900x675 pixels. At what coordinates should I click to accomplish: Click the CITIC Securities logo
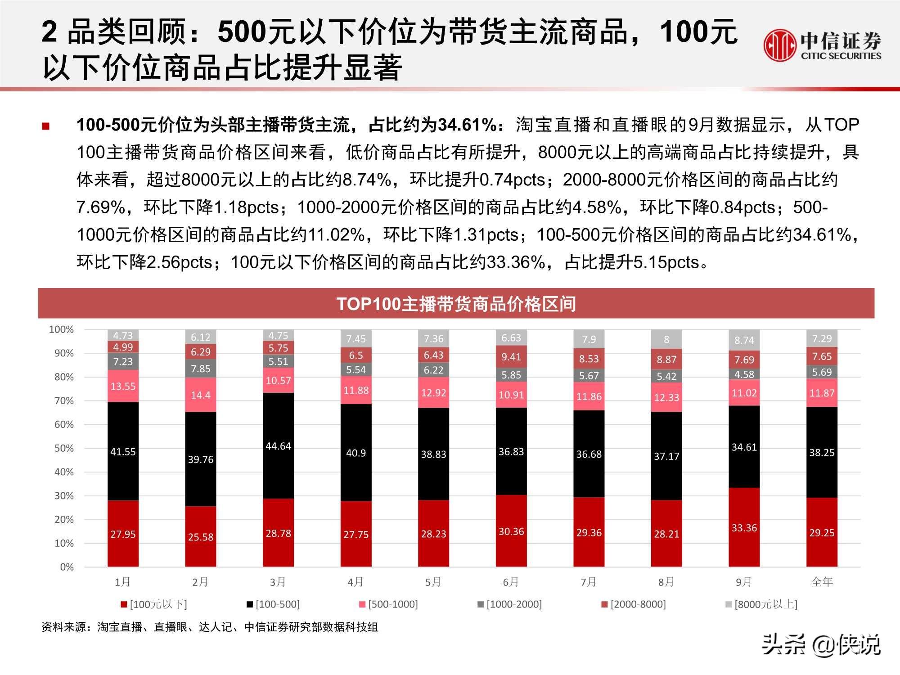[x=822, y=45]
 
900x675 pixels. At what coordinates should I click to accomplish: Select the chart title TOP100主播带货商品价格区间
[x=456, y=304]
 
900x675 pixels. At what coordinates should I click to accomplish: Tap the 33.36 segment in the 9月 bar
[x=744, y=527]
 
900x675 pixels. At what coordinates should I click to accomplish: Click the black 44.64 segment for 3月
[x=278, y=446]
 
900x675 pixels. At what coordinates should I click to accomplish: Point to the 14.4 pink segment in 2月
[x=200, y=395]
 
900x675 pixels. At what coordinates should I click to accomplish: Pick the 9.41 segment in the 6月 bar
[x=511, y=357]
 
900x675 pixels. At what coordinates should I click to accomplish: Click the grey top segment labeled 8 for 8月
[x=666, y=339]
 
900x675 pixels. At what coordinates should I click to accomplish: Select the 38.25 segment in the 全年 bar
[x=822, y=452]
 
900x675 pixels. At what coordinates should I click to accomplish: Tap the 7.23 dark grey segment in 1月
[x=123, y=361]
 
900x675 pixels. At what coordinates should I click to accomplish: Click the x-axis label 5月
[x=433, y=582]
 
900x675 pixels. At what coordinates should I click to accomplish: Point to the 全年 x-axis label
[x=822, y=582]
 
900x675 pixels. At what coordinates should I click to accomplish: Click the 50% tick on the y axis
[x=64, y=448]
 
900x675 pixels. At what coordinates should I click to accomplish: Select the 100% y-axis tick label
[x=61, y=329]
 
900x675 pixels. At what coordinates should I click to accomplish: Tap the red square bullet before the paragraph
[x=45, y=126]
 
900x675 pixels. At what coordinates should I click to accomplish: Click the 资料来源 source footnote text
[x=210, y=627]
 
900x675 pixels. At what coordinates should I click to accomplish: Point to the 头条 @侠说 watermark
[x=821, y=645]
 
